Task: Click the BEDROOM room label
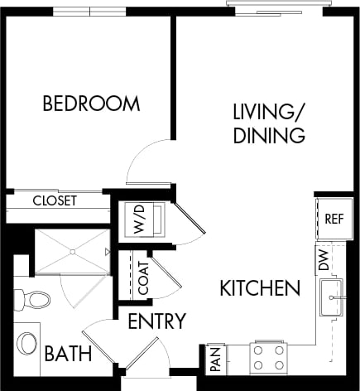(x=91, y=104)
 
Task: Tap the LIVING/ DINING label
(x=269, y=123)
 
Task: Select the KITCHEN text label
(x=259, y=288)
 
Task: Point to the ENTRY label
(x=156, y=321)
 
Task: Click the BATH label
(x=68, y=355)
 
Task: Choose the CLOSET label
(x=55, y=200)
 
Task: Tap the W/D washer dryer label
(x=136, y=220)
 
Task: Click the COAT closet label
(x=143, y=278)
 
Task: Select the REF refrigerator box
(x=334, y=219)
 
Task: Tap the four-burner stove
(x=269, y=358)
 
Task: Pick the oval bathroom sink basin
(x=27, y=342)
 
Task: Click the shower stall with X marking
(x=71, y=251)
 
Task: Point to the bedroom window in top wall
(x=89, y=11)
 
